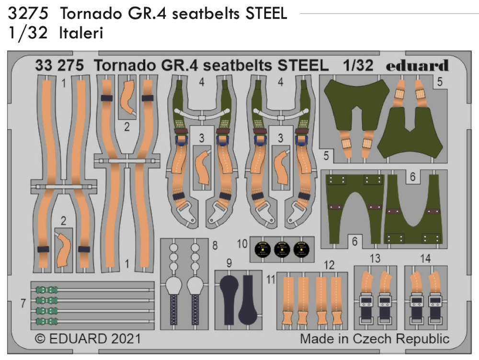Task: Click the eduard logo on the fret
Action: point(417,65)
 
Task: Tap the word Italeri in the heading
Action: point(81,33)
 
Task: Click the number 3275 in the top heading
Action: point(28,13)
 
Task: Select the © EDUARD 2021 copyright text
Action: point(88,338)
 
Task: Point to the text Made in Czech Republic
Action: point(375,338)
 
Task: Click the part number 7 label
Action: point(23,303)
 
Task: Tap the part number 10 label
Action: point(242,244)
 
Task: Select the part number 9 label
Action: point(229,263)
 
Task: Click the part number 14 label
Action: point(425,259)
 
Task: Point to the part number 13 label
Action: point(375,259)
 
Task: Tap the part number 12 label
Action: point(329,265)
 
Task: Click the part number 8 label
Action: point(215,245)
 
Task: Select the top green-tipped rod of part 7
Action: point(95,290)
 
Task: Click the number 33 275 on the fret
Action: point(59,65)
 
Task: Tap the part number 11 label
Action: point(271,279)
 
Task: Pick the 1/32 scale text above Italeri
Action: point(28,33)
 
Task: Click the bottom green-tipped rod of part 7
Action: point(95,321)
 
